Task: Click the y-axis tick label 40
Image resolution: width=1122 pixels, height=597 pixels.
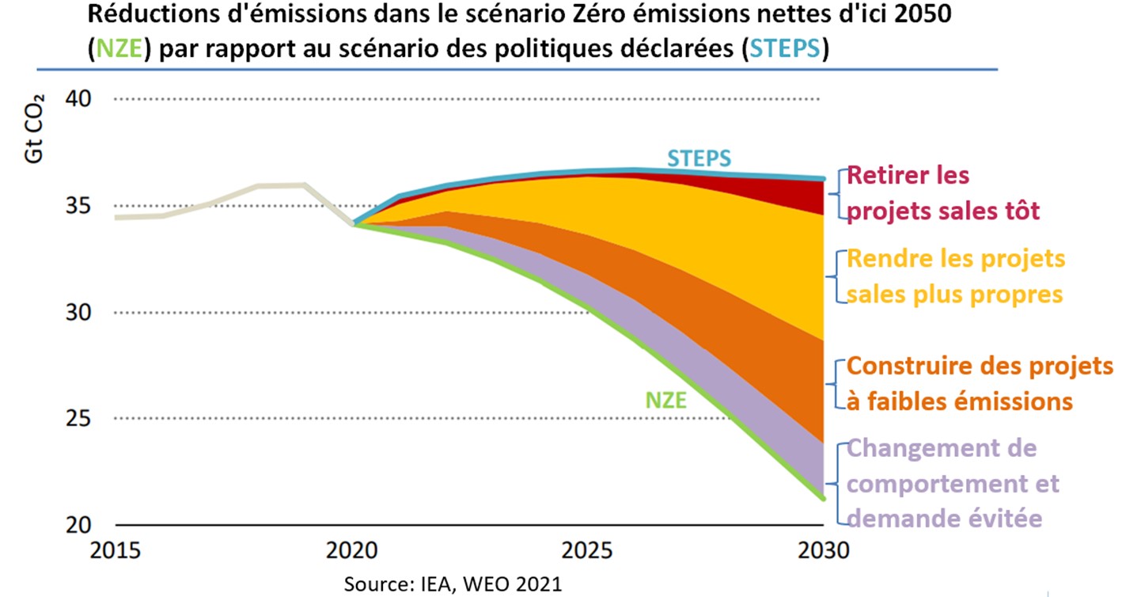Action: point(78,100)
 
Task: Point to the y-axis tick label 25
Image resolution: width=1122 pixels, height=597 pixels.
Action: point(78,419)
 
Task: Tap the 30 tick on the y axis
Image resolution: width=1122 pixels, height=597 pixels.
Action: point(78,313)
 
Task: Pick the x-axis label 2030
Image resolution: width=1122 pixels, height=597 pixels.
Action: point(824,549)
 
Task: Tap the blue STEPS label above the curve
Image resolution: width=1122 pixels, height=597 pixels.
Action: point(699,158)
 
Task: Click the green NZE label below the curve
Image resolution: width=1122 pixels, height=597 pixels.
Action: point(665,400)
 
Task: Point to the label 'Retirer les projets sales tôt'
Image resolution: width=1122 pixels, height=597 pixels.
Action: point(942,192)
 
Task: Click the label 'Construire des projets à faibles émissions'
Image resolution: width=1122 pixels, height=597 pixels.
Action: point(978,384)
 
